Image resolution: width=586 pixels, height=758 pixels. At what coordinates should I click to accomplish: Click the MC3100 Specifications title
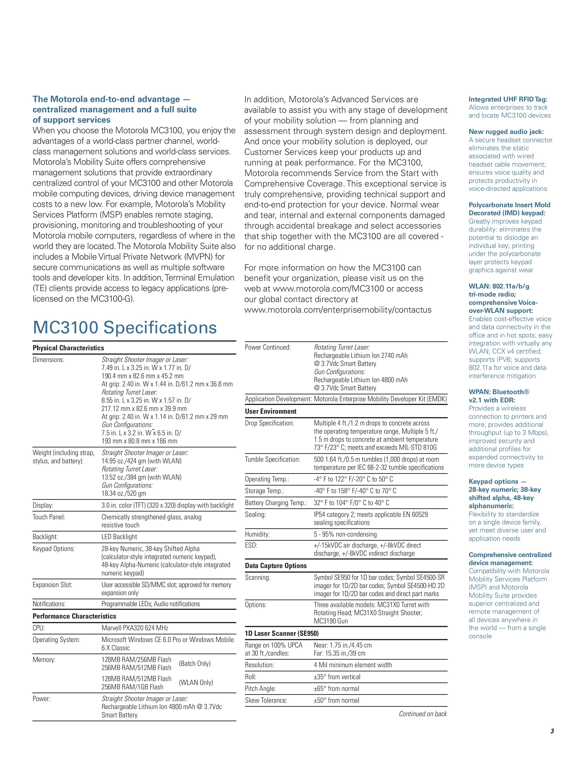pos(125,328)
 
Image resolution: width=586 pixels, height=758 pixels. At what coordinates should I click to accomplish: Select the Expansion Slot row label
pos(52,585)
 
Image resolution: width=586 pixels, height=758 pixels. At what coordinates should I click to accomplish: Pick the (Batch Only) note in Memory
pos(194,664)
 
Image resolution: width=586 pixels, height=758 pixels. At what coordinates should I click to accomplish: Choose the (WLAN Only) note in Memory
pos(196,683)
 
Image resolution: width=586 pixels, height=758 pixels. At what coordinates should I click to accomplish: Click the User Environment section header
pos(270,411)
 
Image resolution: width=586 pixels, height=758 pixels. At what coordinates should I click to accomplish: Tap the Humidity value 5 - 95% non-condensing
pos(345,534)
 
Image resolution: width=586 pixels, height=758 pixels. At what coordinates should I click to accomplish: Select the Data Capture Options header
pos(276,566)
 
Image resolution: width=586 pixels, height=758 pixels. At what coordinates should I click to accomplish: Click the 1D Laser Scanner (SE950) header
pos(282,634)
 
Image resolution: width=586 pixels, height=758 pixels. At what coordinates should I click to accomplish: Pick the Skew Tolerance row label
pos(266,700)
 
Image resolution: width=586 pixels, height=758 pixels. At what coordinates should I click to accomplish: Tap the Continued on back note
pos(422,714)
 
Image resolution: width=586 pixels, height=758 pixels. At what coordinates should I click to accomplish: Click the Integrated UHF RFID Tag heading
pos(508,99)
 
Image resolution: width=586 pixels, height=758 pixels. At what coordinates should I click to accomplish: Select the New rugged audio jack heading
pos(506,132)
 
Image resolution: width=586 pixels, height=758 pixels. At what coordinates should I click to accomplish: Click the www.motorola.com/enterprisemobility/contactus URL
pos(338,310)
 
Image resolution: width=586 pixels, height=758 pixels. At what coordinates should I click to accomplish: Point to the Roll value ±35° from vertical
pos(337,677)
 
